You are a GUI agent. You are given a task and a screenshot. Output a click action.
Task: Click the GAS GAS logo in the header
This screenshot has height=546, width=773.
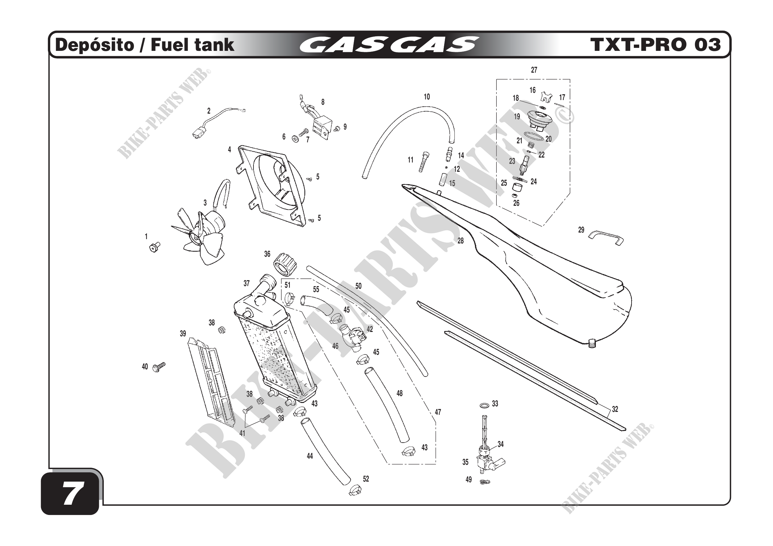point(389,45)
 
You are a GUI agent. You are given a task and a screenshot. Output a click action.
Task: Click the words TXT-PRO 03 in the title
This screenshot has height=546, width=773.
point(655,45)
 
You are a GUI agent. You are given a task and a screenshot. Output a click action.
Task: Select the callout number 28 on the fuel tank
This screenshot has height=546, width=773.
point(460,241)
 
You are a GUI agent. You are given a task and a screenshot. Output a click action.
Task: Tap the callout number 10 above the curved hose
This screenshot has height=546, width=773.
point(427,97)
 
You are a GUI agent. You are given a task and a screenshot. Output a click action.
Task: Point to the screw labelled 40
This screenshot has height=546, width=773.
point(159,367)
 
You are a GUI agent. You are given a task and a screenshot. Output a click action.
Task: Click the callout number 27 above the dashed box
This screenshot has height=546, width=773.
point(534,70)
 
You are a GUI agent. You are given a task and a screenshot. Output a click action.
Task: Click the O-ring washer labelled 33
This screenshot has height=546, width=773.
point(484,406)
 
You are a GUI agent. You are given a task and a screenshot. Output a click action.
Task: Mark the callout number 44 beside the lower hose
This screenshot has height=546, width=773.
point(309,456)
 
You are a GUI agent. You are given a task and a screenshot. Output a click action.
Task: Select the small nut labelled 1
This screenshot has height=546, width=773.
point(154,247)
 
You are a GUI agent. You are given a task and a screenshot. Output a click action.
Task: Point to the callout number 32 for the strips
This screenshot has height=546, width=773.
point(615,409)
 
